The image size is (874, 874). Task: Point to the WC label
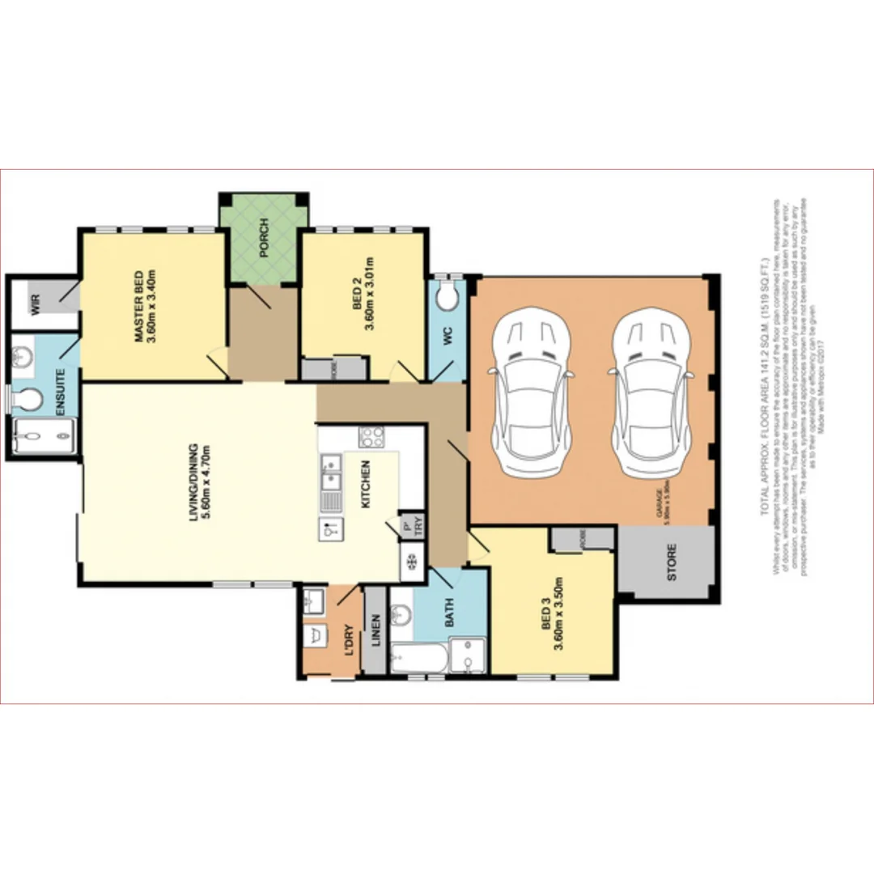[x=446, y=335]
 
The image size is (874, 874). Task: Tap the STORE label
[x=671, y=562]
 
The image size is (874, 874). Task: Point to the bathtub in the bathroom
[x=418, y=659]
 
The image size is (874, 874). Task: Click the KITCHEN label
[x=366, y=484]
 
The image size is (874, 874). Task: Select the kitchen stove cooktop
[x=371, y=437]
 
